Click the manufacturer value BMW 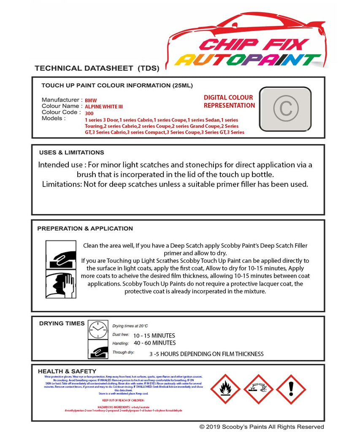(91, 101)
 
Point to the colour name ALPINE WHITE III (104, 107)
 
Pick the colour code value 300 (89, 113)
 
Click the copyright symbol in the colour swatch (285, 108)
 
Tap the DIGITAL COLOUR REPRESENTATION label (229, 102)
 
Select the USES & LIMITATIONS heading (71, 152)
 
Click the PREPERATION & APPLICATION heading (85, 229)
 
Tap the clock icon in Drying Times (98, 329)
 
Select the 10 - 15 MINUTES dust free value (154, 335)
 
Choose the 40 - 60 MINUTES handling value (154, 343)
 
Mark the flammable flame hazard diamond (225, 389)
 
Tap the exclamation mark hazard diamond (291, 389)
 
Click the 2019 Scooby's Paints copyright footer (262, 427)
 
